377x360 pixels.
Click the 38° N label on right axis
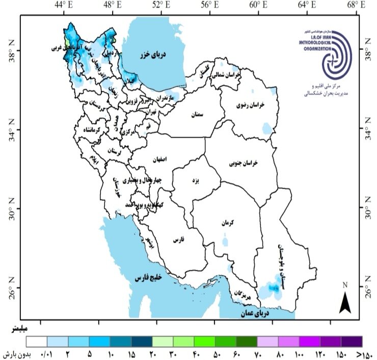pos(366,51)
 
